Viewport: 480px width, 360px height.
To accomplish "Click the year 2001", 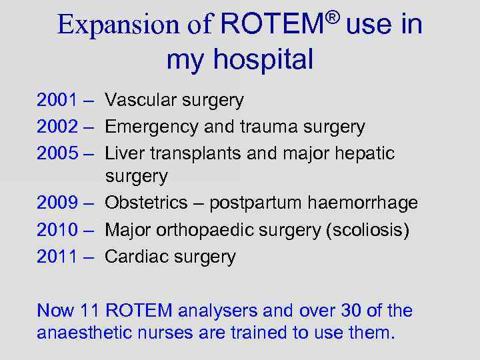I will pyautogui.click(x=57, y=101).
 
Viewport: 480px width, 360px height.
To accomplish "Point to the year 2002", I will pyautogui.click(x=57, y=127).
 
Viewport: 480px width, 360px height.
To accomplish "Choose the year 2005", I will pyautogui.click(x=57, y=153).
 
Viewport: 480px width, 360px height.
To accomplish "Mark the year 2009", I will pyautogui.click(x=57, y=203).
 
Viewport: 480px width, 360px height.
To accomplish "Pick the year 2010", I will pyautogui.click(x=57, y=230).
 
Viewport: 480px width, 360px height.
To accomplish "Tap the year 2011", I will pyautogui.click(x=57, y=257).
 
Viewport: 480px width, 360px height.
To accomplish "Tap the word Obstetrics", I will pyautogui.click(x=150, y=203).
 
